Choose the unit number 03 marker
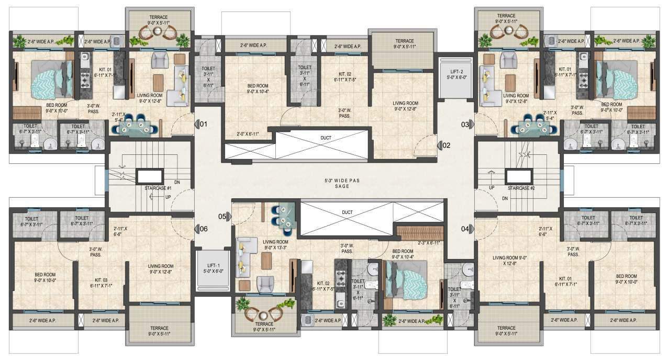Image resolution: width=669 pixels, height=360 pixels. click(x=465, y=125)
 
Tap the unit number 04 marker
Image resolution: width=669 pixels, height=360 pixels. click(x=465, y=228)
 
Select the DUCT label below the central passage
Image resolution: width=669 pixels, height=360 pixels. click(x=346, y=212)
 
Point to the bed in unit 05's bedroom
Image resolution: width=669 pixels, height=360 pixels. click(x=405, y=277)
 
